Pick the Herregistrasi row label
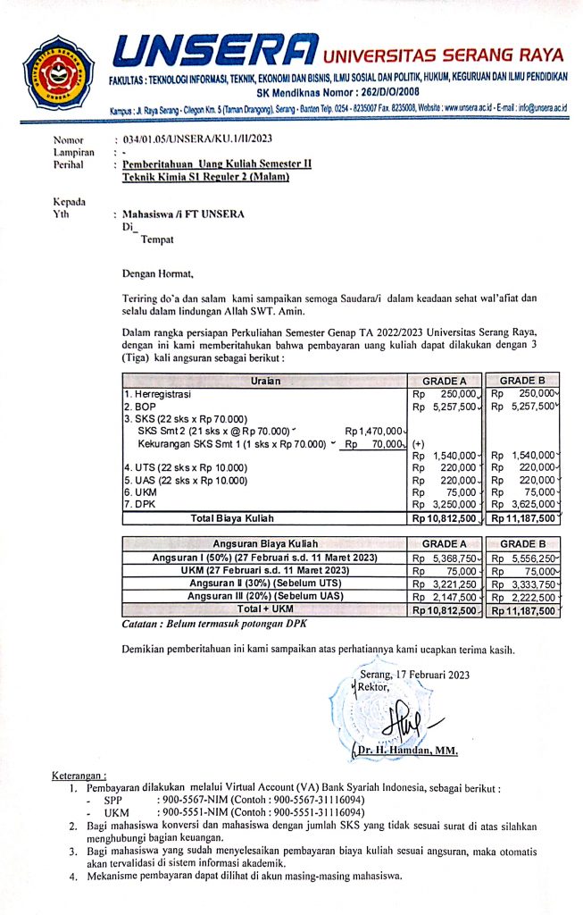pos(162,393)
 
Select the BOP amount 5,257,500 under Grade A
pos(446,407)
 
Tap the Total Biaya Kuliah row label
pos(231,517)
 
